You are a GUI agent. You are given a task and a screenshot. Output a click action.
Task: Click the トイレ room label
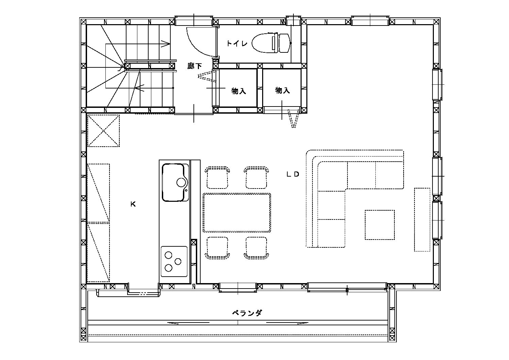point(237,43)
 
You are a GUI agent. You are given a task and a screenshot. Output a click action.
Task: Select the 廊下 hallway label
point(194,66)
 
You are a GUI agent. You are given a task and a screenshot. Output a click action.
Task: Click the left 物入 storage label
point(239,91)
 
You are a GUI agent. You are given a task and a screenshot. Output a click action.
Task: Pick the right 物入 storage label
point(283,90)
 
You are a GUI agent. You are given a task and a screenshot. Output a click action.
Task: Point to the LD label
point(293,175)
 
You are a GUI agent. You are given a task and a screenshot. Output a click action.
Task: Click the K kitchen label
point(133,204)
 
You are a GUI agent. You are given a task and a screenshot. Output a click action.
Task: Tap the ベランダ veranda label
point(247,313)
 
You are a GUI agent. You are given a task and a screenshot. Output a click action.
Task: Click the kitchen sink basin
point(175,182)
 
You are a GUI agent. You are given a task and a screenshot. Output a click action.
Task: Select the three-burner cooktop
point(174,262)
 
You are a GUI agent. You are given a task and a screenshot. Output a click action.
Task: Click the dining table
point(237,213)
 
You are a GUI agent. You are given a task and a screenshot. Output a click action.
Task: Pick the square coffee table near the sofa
point(380,225)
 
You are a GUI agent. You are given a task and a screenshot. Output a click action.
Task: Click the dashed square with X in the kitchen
point(103,131)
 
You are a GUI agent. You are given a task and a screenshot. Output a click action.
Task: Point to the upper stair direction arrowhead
point(166,44)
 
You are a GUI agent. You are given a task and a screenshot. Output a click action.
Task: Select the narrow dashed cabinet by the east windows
point(422,219)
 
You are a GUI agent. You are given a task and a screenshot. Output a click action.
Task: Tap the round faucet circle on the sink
point(181,182)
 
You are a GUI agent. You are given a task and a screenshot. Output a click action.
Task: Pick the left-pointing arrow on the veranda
point(188,323)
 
